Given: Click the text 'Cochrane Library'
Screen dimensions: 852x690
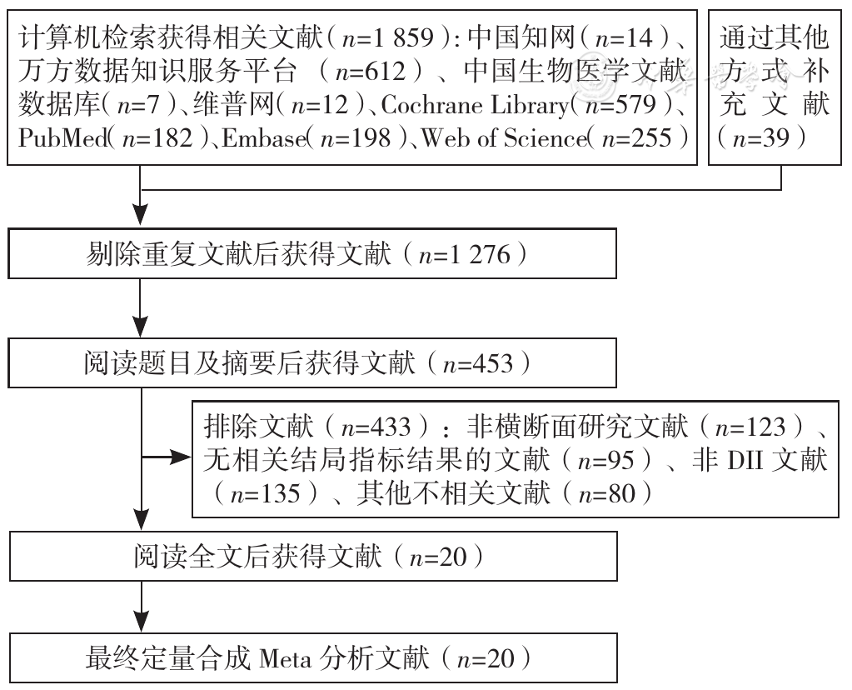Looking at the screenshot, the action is click(475, 105).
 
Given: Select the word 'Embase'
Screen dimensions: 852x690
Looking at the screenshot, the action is click(263, 137).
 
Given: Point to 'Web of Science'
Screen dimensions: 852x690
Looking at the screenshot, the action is click(504, 137).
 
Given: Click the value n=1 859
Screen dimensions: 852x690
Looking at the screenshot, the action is click(388, 38).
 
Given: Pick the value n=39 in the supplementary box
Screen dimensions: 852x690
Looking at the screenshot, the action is click(760, 137).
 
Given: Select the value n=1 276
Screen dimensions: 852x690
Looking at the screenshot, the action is click(465, 254).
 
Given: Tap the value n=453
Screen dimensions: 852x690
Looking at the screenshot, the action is click(478, 363).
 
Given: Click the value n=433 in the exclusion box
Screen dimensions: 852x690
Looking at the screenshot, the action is click(376, 427).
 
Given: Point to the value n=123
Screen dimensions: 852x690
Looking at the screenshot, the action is click(750, 427).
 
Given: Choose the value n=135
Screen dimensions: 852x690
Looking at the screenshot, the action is click(265, 493).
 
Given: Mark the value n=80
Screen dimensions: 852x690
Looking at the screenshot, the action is click(607, 493).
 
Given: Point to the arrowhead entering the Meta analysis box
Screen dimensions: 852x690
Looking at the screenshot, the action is click(142, 621).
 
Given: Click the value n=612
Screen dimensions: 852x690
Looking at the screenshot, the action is click(371, 72).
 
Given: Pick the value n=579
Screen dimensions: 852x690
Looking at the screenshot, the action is click(620, 105).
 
